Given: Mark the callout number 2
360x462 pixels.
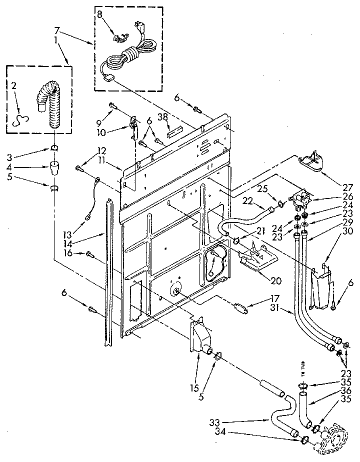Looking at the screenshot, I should pyautogui.click(x=13, y=85).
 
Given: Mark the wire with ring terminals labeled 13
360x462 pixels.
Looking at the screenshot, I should pyautogui.click(x=93, y=197).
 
